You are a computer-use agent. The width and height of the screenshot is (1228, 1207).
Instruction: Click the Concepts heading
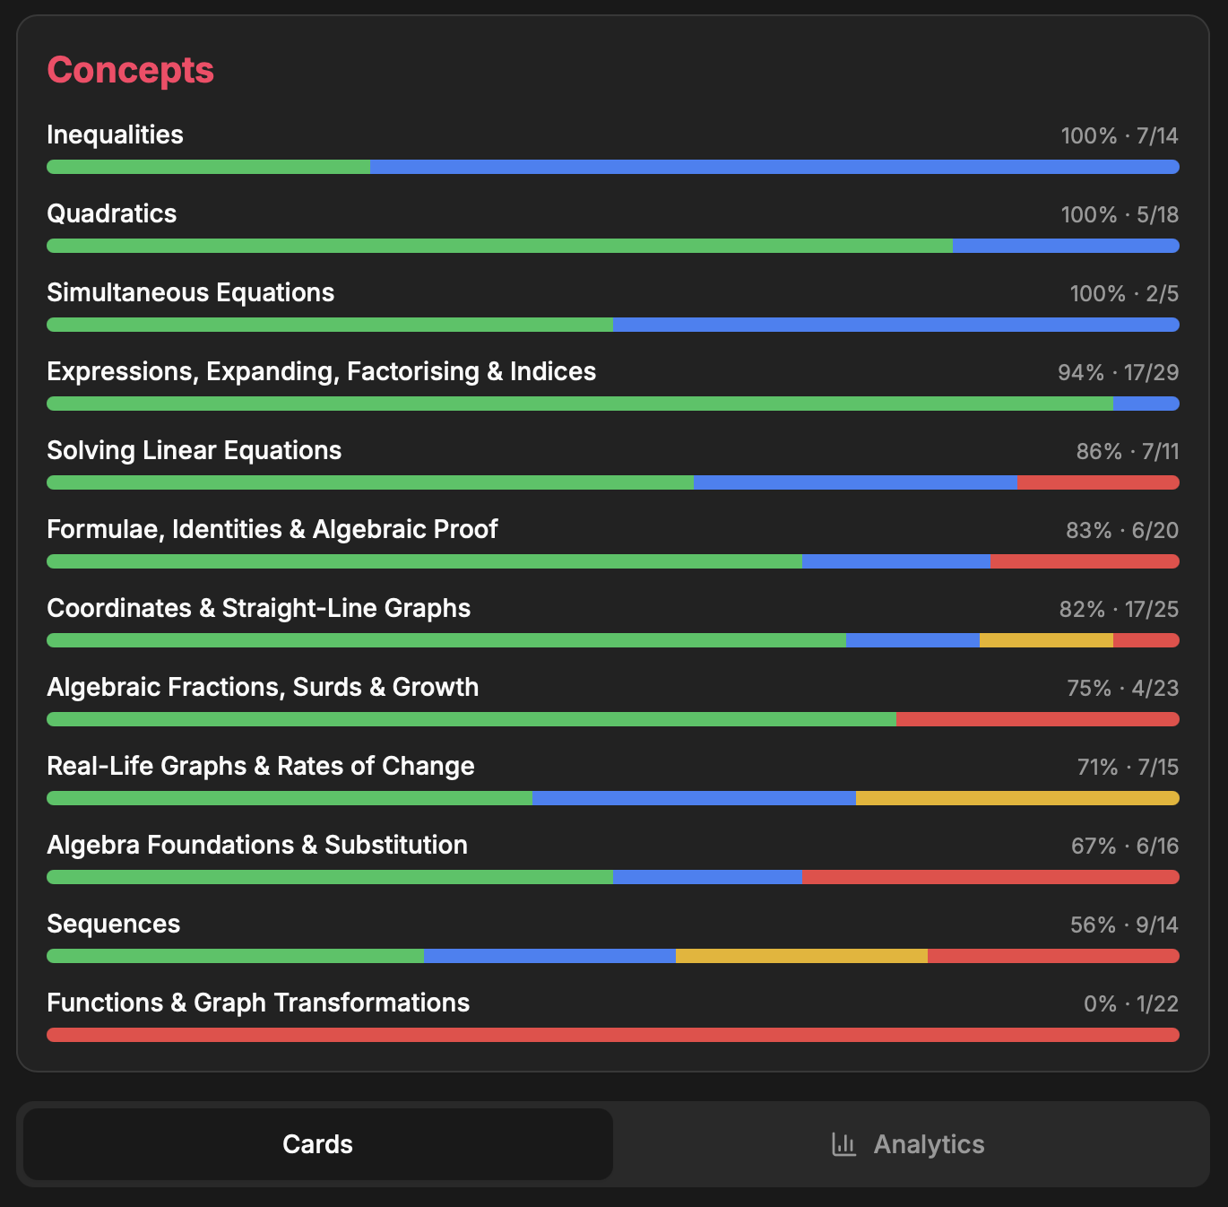(130, 70)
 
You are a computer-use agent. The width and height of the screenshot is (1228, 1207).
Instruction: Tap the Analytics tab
(928, 1144)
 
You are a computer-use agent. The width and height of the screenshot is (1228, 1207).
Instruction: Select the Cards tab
(317, 1144)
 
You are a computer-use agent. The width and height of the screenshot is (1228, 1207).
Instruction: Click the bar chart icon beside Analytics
(843, 1144)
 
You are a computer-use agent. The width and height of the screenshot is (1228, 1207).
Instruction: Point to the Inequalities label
(115, 135)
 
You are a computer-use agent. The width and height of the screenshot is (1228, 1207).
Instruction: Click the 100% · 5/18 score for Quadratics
(1120, 214)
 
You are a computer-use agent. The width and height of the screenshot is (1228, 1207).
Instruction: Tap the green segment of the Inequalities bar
(208, 167)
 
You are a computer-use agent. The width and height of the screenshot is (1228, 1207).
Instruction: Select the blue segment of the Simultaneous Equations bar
(895, 325)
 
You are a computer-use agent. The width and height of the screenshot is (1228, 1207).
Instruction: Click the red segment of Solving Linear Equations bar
(1098, 482)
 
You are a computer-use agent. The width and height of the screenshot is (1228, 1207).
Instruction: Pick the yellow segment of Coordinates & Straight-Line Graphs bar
(1046, 640)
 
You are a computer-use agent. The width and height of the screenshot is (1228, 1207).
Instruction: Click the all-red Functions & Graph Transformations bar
(613, 1035)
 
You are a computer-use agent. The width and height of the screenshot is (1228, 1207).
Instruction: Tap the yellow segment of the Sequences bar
(801, 956)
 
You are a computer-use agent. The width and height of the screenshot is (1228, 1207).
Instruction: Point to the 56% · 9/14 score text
(1124, 925)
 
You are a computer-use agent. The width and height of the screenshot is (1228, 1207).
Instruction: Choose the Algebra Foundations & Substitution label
(257, 845)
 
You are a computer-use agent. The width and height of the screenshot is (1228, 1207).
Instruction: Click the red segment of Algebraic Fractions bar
(1037, 719)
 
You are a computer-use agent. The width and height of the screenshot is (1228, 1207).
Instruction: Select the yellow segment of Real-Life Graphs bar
(1017, 798)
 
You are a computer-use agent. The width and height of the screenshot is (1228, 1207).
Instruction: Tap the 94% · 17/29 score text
(1118, 372)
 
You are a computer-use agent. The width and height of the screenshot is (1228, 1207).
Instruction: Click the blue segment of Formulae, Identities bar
(896, 561)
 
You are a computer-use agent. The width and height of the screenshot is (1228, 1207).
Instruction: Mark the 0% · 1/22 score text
(1130, 1003)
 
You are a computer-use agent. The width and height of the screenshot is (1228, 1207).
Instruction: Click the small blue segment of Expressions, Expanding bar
(1146, 404)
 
